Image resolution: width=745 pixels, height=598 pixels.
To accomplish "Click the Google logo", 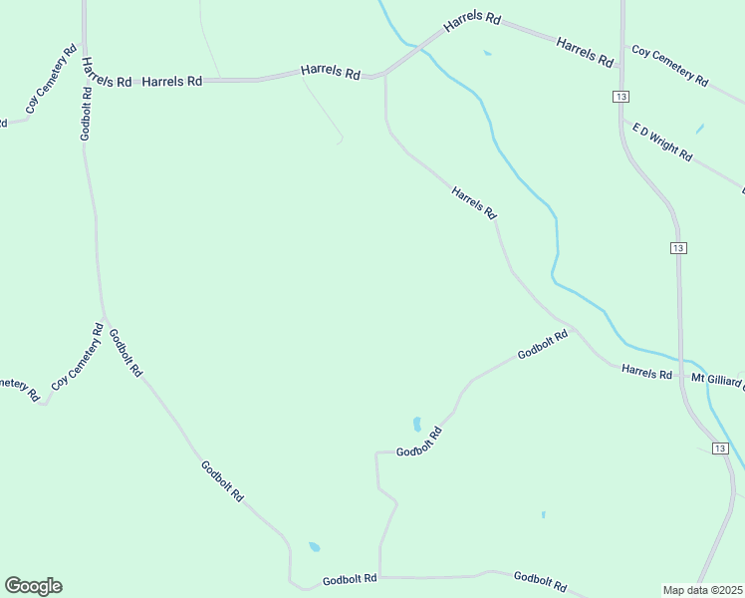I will click(33, 586).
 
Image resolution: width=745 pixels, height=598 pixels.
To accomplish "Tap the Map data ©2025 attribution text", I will click(703, 590).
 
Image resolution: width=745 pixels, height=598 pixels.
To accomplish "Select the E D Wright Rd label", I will click(662, 142).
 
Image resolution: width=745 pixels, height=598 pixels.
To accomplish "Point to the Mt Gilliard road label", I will click(717, 380).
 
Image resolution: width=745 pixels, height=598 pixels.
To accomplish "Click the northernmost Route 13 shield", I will click(621, 96).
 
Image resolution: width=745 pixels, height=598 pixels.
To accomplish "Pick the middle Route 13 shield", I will click(678, 247).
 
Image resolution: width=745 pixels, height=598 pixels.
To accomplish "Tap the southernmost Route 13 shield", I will click(720, 448).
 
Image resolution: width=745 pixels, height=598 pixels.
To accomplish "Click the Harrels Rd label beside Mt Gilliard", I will click(647, 372).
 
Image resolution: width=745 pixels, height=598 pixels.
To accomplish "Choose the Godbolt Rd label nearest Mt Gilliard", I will click(543, 344).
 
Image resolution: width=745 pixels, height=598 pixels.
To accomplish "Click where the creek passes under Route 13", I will click(686, 360).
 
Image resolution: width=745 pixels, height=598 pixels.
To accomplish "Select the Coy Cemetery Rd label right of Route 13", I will click(669, 66).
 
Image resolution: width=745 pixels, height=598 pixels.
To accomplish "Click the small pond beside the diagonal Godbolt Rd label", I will click(417, 423).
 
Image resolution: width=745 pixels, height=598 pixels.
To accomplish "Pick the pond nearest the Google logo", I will click(315, 546).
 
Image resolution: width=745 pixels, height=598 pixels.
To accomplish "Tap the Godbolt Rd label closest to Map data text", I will click(540, 580).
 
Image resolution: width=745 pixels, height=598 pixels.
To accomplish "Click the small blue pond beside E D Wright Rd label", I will click(699, 129).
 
